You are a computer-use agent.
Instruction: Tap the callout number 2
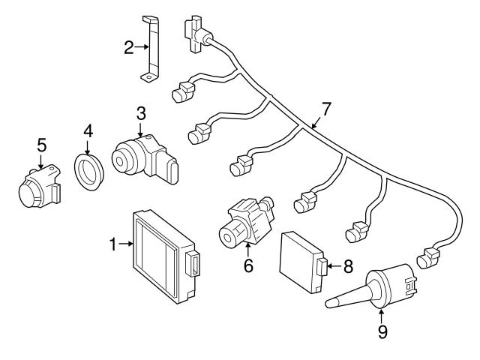coord(128,48)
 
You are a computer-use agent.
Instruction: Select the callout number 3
coord(140,114)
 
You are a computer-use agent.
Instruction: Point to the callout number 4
coord(88,131)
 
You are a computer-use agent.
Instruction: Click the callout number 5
coord(41,142)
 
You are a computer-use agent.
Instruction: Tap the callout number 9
coord(382,331)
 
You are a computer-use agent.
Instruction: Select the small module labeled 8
coord(300,259)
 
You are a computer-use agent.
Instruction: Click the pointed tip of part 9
coord(331,304)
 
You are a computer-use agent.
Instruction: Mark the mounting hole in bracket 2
coord(150,76)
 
